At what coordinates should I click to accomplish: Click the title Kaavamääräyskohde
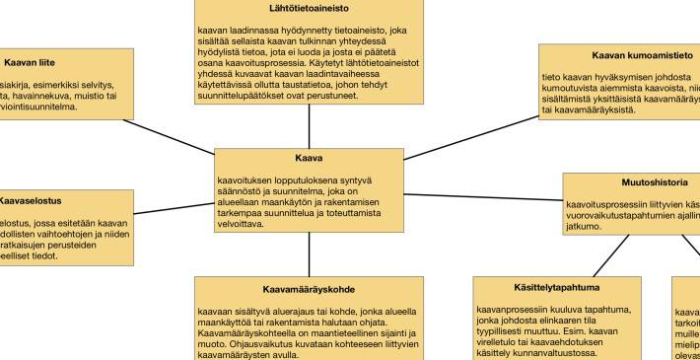(309, 290)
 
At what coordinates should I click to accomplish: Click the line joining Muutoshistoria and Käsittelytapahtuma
(611, 251)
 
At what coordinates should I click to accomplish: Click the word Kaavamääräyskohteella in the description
(244, 332)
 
